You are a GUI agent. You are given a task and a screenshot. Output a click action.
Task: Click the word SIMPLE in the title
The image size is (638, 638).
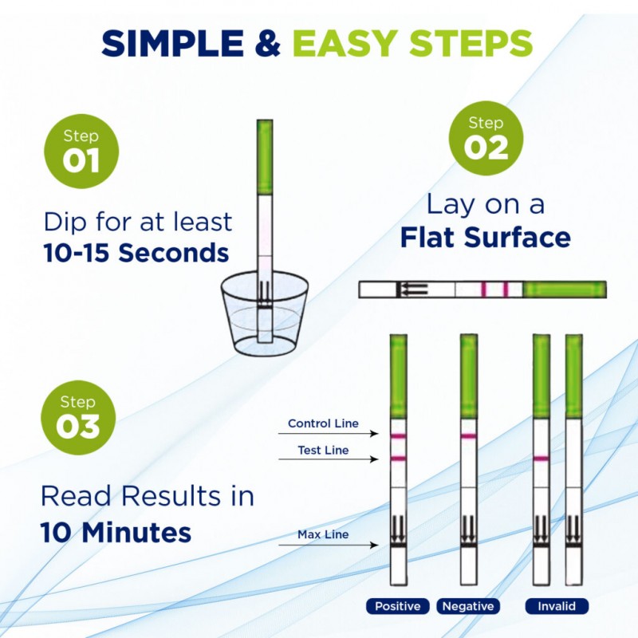pos(172,43)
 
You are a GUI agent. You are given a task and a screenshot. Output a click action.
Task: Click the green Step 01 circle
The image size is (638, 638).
pos(81,151)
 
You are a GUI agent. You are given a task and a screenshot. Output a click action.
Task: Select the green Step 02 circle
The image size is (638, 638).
pos(486,138)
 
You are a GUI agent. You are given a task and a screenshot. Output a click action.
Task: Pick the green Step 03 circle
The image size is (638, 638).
pos(78,417)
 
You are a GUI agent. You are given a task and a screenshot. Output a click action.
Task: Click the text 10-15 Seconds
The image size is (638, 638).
pos(136,253)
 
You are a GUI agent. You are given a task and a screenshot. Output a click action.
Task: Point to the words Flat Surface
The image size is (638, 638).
pos(486,237)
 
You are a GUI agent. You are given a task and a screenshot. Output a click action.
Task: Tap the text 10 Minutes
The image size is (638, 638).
pos(116,533)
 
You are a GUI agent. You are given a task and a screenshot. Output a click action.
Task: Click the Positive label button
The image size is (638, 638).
pos(397,606)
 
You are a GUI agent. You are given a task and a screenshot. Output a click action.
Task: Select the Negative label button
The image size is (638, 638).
pos(468,606)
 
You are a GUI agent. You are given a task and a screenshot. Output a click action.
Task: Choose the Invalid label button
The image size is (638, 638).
pos(557,606)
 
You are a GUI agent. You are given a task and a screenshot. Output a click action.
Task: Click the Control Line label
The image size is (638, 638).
pos(323,423)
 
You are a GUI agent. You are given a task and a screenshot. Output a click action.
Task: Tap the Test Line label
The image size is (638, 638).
pos(323,450)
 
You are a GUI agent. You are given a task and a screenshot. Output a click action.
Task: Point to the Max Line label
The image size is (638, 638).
pos(323,534)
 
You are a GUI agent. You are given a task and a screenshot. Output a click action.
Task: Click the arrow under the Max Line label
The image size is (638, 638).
pos(329,545)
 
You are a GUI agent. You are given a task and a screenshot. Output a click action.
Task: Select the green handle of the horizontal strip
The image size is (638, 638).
pos(565,289)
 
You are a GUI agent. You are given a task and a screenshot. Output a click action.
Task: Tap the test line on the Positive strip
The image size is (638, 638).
pos(398,459)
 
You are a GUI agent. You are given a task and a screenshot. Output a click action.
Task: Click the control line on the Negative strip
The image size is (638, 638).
pos(468,436)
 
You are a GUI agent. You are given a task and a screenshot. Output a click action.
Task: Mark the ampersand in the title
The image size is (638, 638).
pos(268,43)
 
